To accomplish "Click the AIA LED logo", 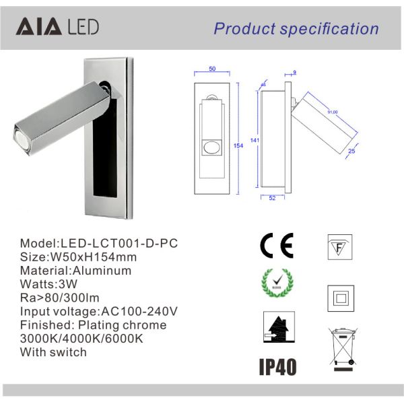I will coord(57,27).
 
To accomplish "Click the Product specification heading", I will coord(296,28).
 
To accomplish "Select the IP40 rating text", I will coord(277,366).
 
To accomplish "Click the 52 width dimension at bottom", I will coord(271,197).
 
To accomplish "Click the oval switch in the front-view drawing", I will coord(213,149).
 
